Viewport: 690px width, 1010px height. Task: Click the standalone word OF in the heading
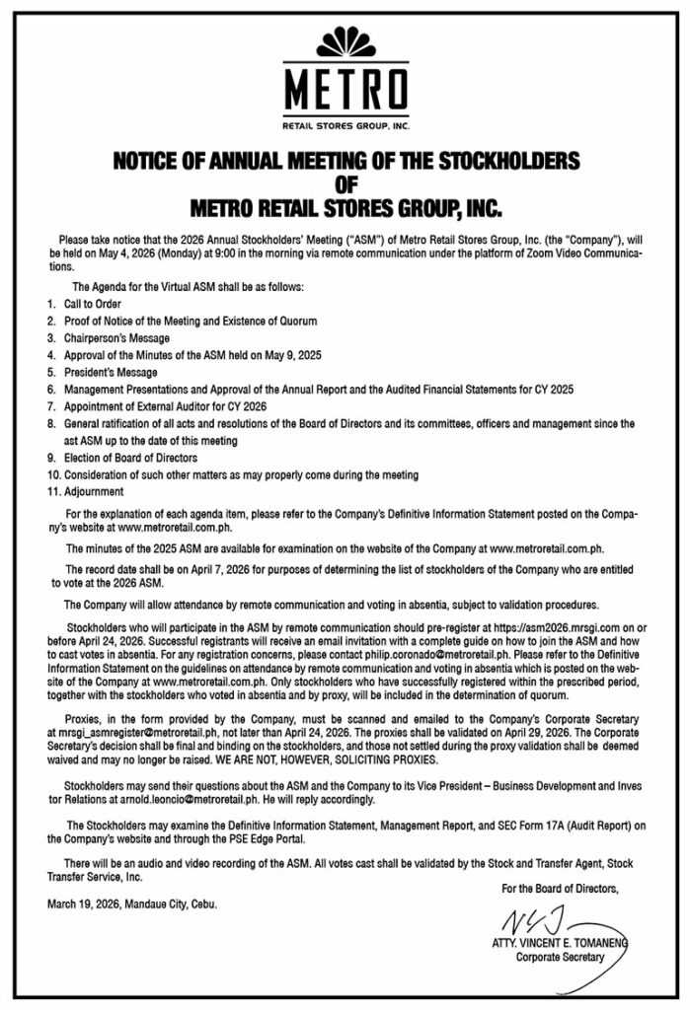click(x=345, y=182)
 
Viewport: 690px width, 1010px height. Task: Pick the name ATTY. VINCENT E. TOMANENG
click(x=559, y=943)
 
